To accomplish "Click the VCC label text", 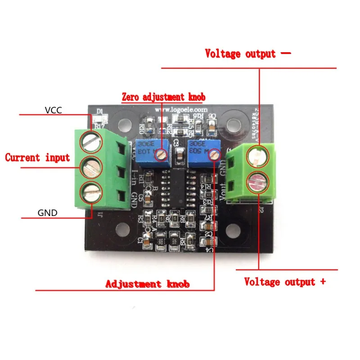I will coord(54,109).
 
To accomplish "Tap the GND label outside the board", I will coord(47,213).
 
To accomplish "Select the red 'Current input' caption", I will coord(37,157).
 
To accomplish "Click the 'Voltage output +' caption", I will coord(285,282).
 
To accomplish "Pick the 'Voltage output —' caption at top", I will coord(248,54).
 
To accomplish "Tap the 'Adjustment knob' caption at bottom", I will coord(147,284).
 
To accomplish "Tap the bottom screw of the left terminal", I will coord(89,193).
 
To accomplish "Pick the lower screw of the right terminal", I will coord(259,181).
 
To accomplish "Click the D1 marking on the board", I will coord(100,111).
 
